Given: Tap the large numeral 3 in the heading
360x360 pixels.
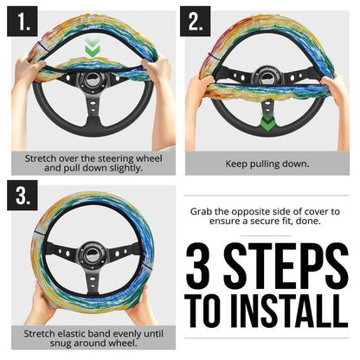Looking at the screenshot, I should [x=206, y=266].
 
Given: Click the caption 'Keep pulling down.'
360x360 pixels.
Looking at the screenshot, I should [x=268, y=162].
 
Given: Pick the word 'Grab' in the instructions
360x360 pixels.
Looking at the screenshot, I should [x=203, y=210].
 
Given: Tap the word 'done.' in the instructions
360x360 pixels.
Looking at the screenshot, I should [x=310, y=222].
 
